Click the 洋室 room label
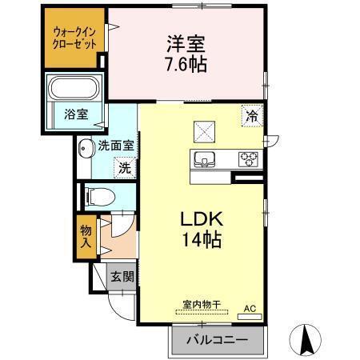pyautogui.click(x=186, y=42)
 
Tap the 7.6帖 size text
pyautogui.click(x=186, y=65)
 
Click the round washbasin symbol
pyautogui.click(x=86, y=148)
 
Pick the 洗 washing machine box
pyautogui.click(x=124, y=168)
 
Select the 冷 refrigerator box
pyautogui.click(x=252, y=115)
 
